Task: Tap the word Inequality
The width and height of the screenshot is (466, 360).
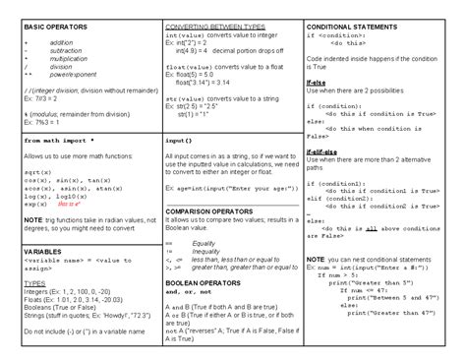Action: pos(206,250)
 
